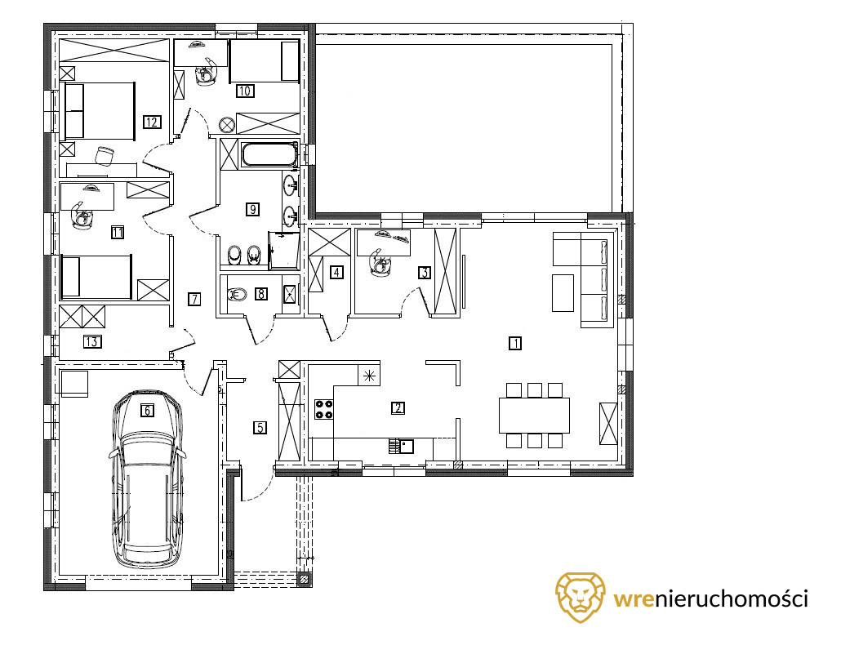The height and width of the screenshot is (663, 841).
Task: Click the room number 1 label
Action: click(515, 343)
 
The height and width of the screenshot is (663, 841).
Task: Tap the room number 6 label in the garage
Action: click(147, 411)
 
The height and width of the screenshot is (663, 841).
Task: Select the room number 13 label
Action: click(92, 341)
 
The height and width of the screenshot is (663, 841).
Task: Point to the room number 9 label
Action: click(252, 209)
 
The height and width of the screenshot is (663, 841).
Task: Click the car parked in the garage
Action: click(147, 479)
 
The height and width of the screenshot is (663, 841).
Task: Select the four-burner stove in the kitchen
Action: click(323, 409)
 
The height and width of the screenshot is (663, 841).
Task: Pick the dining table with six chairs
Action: click(534, 415)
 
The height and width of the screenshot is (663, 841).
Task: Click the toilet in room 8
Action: click(237, 294)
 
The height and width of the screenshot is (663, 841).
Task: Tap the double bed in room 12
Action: click(99, 111)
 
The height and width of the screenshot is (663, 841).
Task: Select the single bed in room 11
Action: click(96, 277)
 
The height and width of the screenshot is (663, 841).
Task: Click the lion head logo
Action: click(580, 597)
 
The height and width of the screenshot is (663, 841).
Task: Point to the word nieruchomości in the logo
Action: click(732, 598)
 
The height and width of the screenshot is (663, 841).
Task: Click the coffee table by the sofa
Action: click(563, 293)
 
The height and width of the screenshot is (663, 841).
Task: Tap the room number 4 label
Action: click(336, 272)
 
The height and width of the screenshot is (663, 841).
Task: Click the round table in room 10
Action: click(227, 126)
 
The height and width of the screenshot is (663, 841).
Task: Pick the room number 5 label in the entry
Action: click(260, 428)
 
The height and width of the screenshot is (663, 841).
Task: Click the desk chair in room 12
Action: click(105, 155)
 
